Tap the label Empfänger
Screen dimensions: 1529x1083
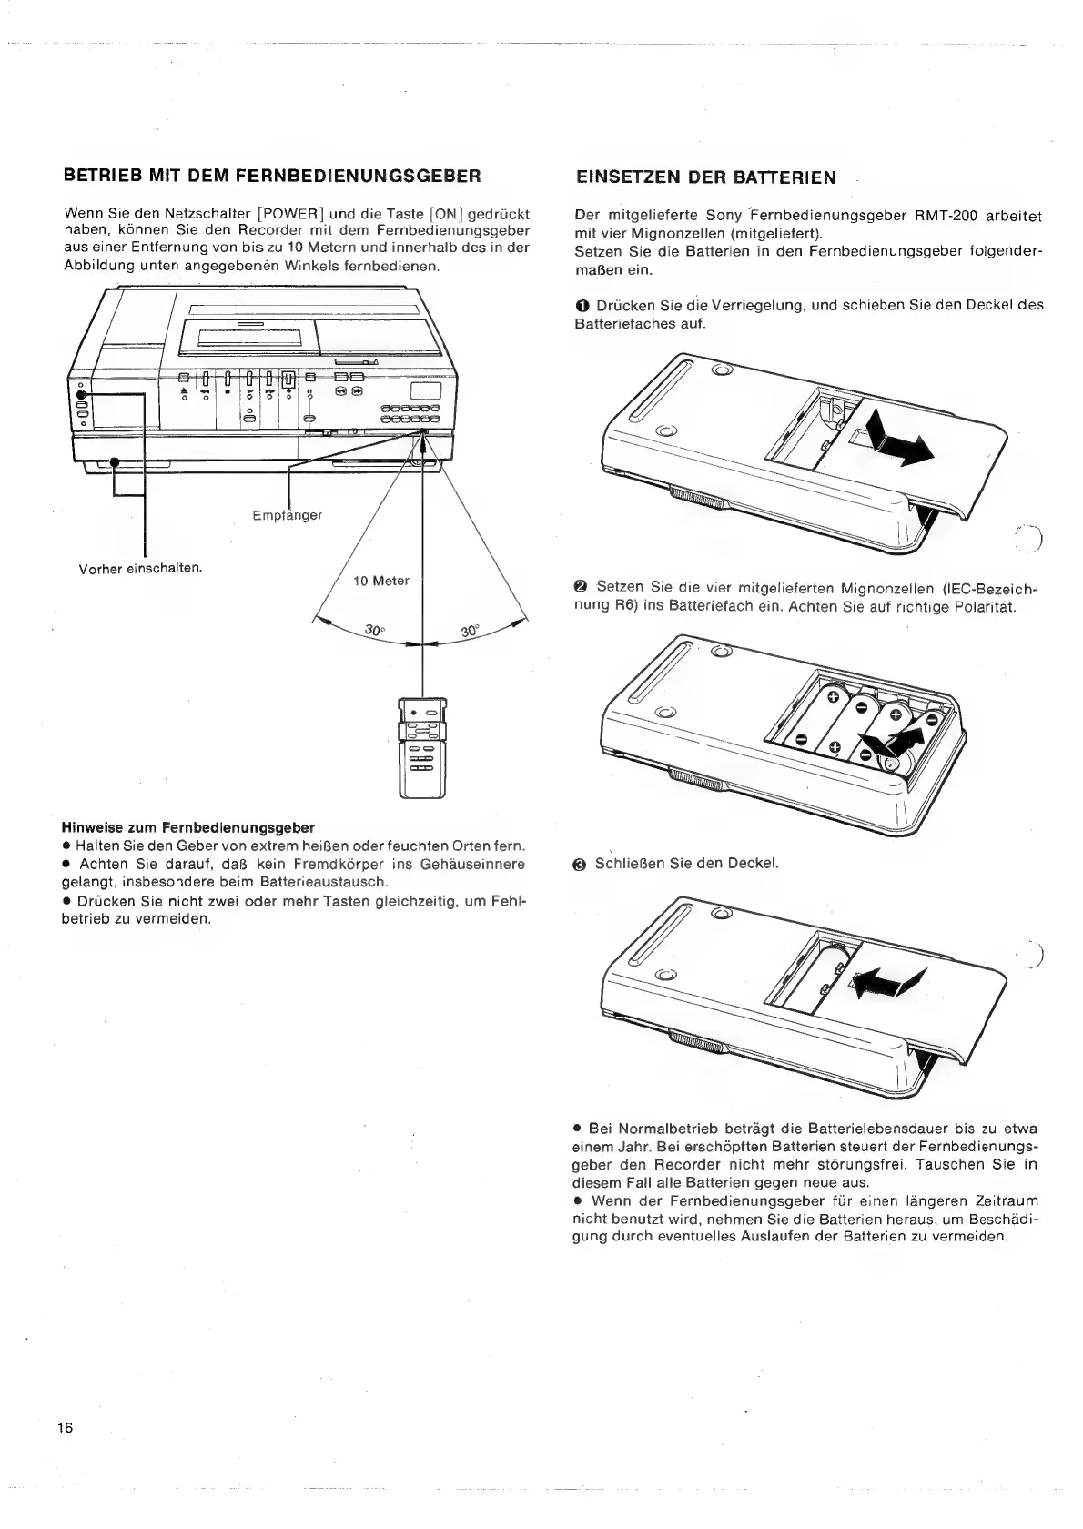tap(287, 515)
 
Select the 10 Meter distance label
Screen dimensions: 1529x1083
tap(381, 581)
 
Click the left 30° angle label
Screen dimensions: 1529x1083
tap(374, 630)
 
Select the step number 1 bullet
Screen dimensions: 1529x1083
tap(582, 305)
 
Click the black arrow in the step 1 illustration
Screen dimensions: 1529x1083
tap(899, 438)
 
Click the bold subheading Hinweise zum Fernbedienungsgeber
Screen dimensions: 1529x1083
tap(187, 827)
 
